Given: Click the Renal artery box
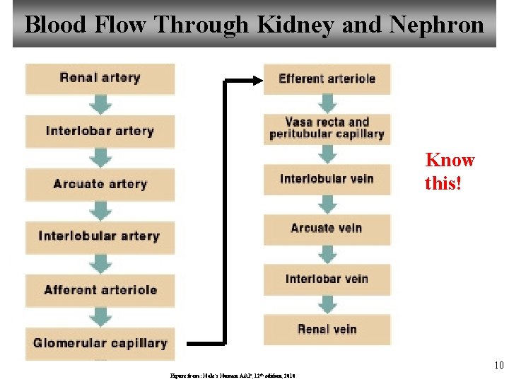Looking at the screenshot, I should click(x=100, y=79).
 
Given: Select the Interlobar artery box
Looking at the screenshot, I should click(x=100, y=131).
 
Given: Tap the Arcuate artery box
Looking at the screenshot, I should click(x=100, y=184).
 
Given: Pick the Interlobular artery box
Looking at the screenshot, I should click(x=100, y=236).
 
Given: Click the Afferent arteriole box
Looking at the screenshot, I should click(x=100, y=290).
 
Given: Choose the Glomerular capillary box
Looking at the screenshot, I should click(x=100, y=343).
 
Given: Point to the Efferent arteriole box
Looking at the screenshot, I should click(x=327, y=79).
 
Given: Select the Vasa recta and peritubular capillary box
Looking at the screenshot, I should click(x=327, y=128).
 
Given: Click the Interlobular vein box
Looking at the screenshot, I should click(x=327, y=179).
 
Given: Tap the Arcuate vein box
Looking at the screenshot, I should click(x=327, y=228).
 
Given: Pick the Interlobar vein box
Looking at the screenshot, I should click(x=327, y=279).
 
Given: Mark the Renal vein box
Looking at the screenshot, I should click(x=327, y=329).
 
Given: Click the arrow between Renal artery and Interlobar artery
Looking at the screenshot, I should click(x=102, y=105).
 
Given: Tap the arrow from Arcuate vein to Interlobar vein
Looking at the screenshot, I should click(x=327, y=254).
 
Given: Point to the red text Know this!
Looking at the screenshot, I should click(x=450, y=172).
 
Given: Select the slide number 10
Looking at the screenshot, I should click(x=498, y=366).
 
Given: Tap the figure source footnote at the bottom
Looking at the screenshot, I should click(x=231, y=376).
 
